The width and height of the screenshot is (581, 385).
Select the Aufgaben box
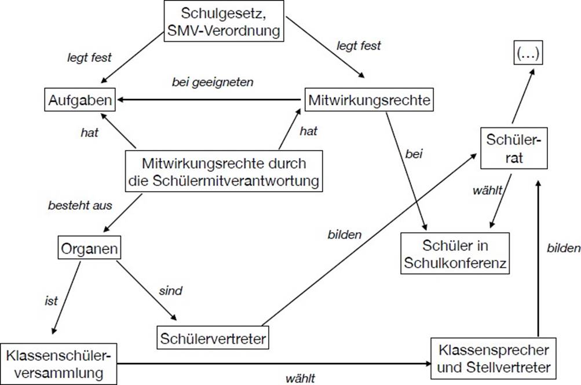click(x=78, y=101)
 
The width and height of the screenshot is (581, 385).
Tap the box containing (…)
click(x=527, y=55)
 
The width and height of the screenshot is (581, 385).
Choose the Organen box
click(x=89, y=250)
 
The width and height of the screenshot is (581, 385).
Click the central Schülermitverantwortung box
click(x=224, y=172)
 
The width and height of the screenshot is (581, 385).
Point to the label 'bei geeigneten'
click(x=213, y=82)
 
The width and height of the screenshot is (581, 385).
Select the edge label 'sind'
click(x=170, y=291)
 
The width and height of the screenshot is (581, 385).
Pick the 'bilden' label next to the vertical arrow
click(x=563, y=248)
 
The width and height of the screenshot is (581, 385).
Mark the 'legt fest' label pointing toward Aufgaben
click(x=90, y=57)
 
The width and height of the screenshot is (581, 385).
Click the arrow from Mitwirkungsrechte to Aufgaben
click(x=212, y=101)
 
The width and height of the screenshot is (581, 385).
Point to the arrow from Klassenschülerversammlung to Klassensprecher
click(x=272, y=364)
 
